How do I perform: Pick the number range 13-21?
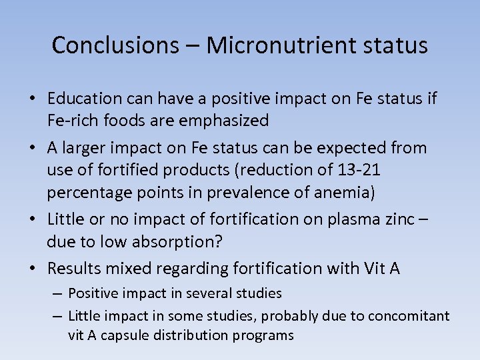pyautogui.click(x=358, y=171)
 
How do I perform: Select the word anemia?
pyautogui.click(x=342, y=192)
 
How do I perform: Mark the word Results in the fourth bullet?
pyautogui.click(x=72, y=269)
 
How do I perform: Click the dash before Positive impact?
pyautogui.click(x=57, y=293)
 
